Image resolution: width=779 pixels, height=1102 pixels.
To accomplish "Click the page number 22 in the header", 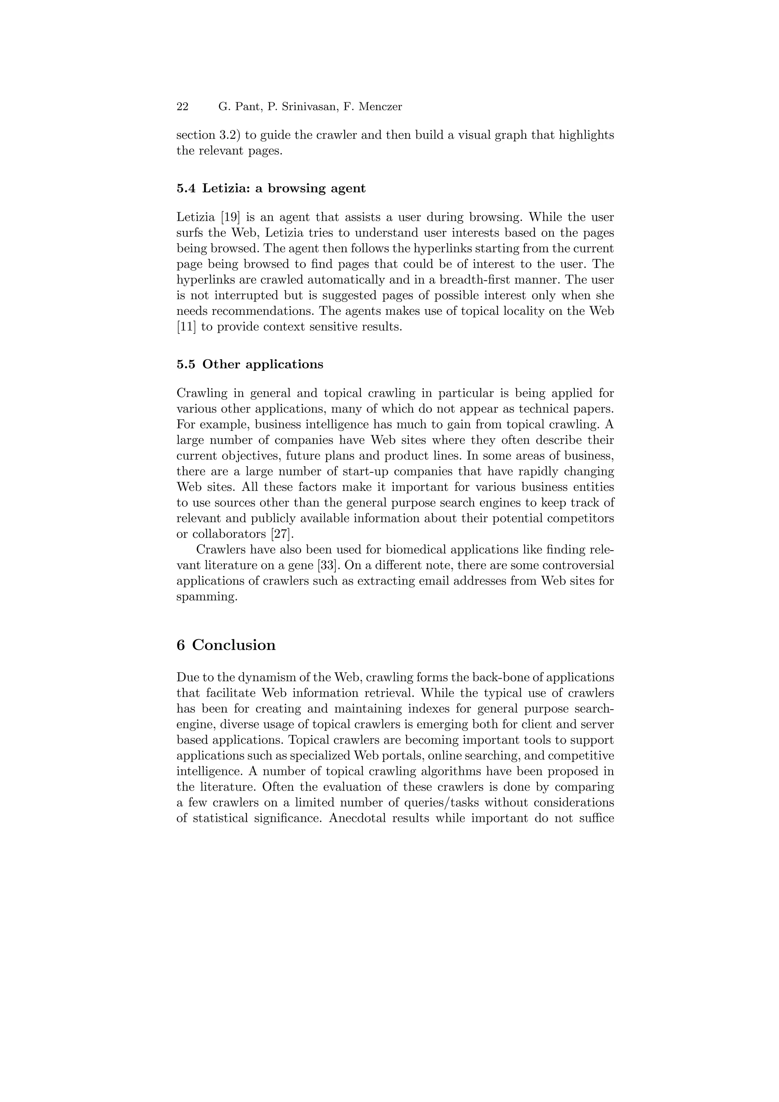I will click(x=183, y=106).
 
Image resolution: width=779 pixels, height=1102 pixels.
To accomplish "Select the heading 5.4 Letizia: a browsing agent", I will click(x=271, y=188).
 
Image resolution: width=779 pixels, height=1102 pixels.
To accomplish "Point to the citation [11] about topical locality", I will click(x=186, y=327).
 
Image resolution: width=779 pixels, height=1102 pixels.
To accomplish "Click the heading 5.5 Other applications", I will click(x=250, y=364).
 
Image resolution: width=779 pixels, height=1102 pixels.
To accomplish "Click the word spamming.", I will click(x=207, y=597).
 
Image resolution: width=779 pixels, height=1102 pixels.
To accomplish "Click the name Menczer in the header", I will click(x=381, y=106).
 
